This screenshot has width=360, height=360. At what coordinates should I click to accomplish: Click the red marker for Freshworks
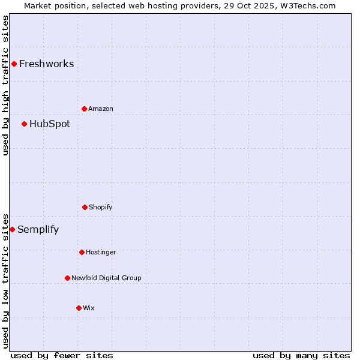(x=14, y=64)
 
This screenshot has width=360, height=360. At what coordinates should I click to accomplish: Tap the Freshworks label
(x=46, y=64)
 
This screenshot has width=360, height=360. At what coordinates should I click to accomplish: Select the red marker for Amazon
(x=85, y=109)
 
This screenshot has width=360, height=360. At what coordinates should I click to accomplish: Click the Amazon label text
(x=100, y=109)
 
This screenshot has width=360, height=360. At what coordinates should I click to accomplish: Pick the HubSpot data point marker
(x=24, y=124)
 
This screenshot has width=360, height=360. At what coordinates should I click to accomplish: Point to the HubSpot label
(x=49, y=124)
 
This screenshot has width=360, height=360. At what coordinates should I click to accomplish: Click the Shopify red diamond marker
(x=85, y=207)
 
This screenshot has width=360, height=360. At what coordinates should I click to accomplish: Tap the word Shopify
(x=100, y=208)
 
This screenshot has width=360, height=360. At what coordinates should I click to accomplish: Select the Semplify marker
(x=12, y=229)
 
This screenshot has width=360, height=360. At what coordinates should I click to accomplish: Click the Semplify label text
(x=38, y=230)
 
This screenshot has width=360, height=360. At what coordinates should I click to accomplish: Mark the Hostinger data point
(x=82, y=252)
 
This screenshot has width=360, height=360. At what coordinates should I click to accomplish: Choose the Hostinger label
(x=101, y=253)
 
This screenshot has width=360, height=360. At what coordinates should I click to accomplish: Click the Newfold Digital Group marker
(x=67, y=278)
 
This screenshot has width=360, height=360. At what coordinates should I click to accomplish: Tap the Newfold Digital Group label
(x=106, y=278)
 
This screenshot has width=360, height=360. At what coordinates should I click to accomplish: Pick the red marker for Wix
(x=79, y=308)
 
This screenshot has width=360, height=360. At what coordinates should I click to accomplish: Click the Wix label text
(x=89, y=308)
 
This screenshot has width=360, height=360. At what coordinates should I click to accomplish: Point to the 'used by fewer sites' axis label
(x=62, y=355)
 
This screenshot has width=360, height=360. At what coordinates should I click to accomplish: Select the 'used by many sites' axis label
(x=301, y=355)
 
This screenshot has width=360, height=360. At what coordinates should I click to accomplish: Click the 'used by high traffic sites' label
(x=5, y=85)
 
